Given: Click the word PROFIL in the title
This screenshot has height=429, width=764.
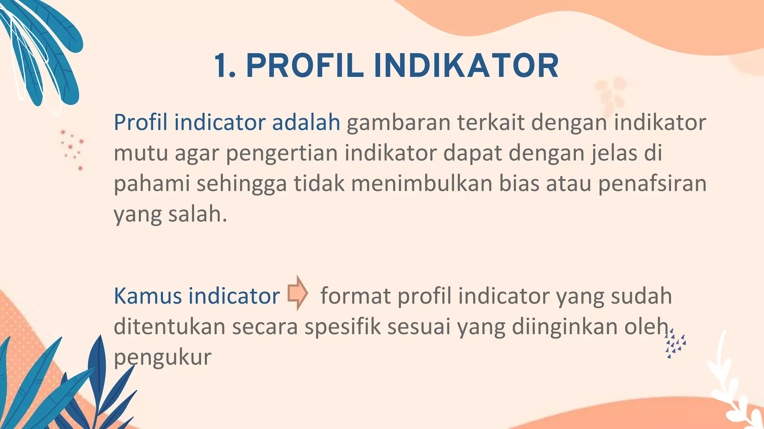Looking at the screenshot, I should (x=305, y=66).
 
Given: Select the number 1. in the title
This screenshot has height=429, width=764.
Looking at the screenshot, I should (x=225, y=66).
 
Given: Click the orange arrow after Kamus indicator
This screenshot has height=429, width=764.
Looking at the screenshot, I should (x=297, y=293).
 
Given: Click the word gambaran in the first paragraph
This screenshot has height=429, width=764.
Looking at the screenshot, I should (x=398, y=123).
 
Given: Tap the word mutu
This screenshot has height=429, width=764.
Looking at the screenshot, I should (x=141, y=153).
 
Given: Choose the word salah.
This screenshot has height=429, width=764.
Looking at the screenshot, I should (x=197, y=214).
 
